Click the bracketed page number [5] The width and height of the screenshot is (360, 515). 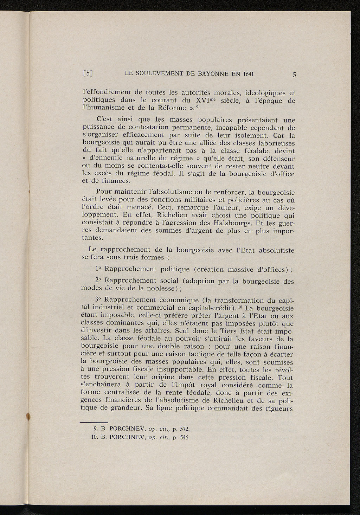(88, 74)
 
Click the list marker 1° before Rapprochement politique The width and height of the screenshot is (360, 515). (98, 269)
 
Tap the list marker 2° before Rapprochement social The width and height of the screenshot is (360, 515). (98, 281)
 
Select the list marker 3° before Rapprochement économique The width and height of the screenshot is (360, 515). (98, 300)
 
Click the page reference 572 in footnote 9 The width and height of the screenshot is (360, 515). (185, 429)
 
